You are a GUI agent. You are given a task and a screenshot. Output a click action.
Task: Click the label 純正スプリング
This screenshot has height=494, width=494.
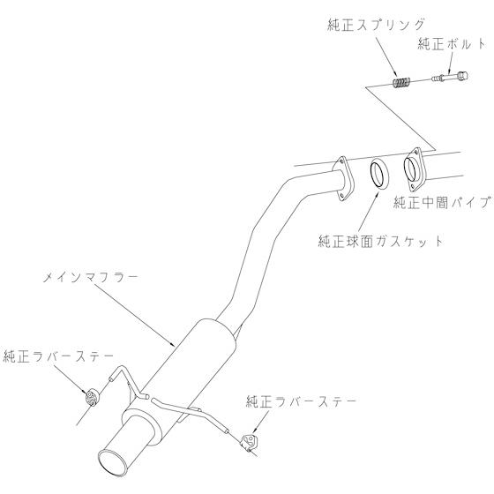click(376, 25)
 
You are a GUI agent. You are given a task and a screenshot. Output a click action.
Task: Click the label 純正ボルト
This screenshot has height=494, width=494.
click(452, 44)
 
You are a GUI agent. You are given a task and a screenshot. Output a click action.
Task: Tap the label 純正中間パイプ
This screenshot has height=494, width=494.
click(443, 203)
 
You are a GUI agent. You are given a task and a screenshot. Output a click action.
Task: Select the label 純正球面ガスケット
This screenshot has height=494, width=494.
click(380, 242)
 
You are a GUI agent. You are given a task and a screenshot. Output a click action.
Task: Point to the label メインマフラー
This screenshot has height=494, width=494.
click(90, 278)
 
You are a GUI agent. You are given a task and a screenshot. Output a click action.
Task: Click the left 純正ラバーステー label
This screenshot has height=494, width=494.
click(58, 356)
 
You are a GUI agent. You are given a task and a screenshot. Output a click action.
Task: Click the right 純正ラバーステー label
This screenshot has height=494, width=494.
click(301, 401)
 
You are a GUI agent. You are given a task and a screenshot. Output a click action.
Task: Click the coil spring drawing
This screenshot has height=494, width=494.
click(401, 83)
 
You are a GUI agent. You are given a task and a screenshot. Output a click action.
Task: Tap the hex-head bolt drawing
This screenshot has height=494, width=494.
click(450, 77)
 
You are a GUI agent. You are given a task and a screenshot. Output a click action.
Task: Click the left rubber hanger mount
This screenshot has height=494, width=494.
click(92, 397)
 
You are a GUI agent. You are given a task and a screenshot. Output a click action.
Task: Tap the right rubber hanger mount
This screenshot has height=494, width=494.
click(249, 442)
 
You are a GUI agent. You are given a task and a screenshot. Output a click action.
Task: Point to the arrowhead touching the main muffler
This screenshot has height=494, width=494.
click(172, 344)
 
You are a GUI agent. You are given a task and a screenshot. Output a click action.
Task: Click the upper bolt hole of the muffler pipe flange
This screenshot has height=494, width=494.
click(341, 161)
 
